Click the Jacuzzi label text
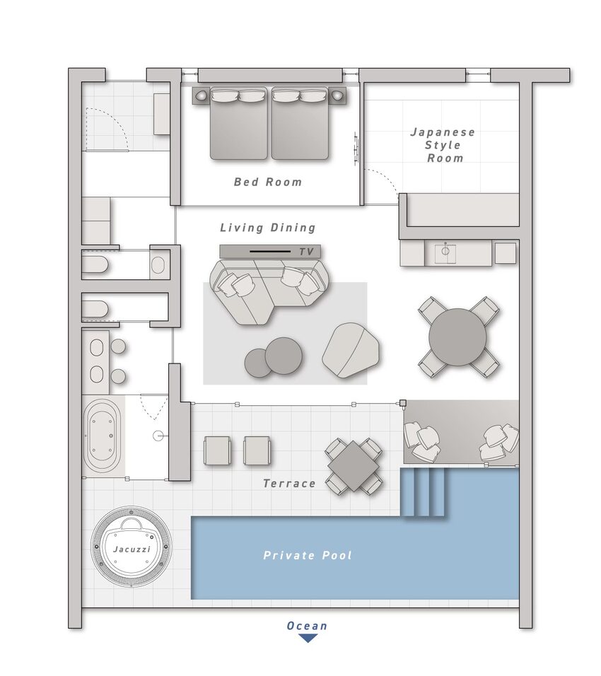tap(132, 549)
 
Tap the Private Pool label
tap(308, 555)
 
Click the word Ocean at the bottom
tap(307, 626)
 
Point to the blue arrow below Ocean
tap(308, 638)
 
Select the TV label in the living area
tap(306, 252)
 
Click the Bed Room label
tap(268, 182)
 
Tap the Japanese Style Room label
tap(443, 145)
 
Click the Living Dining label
tap(268, 228)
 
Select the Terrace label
tap(289, 484)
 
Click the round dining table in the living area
tap(457, 337)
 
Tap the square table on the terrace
tap(353, 466)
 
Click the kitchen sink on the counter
tap(445, 253)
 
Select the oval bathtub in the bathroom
tap(103, 436)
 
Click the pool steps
tap(423, 493)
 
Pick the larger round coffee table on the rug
tap(284, 356)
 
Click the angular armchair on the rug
tap(351, 351)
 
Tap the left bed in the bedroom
tap(239, 123)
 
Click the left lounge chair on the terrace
tap(217, 450)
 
